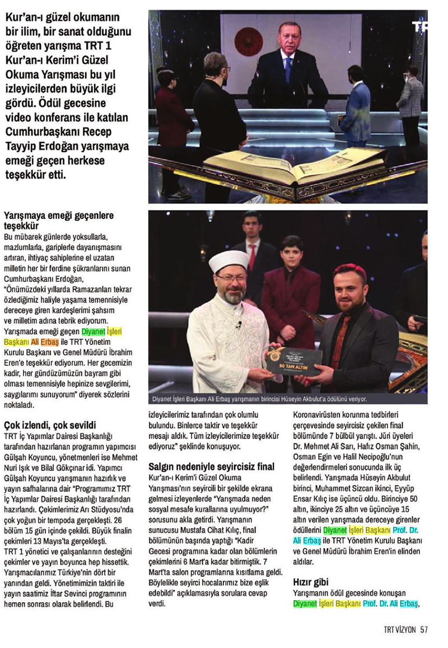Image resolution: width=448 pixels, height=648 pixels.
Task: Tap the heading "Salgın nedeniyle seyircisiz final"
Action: [x=211, y=466]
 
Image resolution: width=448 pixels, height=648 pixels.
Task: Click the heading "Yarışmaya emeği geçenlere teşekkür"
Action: [x=58, y=220]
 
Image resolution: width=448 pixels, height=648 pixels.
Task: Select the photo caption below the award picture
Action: [x=260, y=399]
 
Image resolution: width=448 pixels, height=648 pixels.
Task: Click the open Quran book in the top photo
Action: [x=280, y=168]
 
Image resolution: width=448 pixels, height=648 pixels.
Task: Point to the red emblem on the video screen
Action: [x=248, y=40]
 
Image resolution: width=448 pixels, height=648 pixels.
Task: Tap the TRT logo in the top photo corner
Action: [x=419, y=26]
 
